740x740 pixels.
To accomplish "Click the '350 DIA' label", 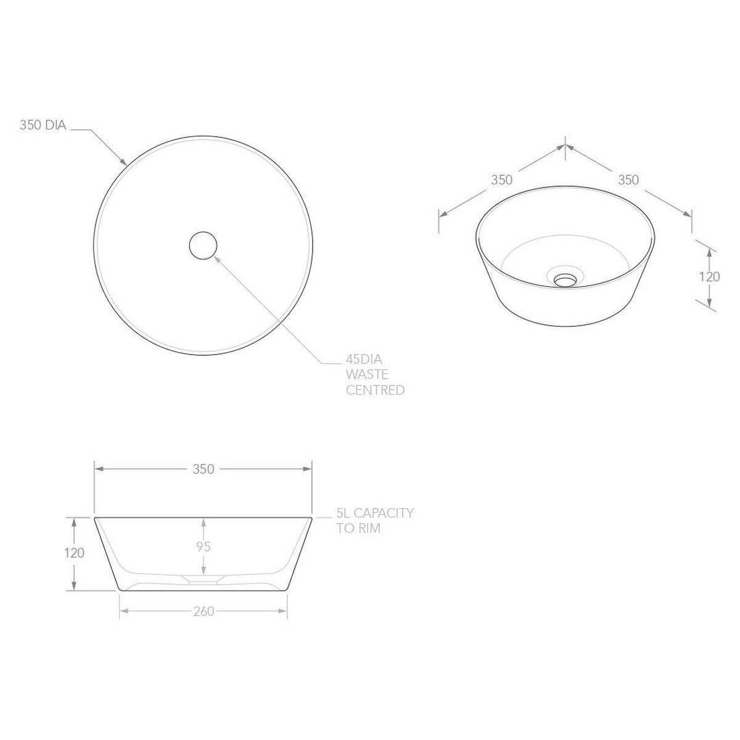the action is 43,125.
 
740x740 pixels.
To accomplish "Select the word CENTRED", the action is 375,390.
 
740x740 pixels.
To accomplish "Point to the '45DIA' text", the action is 364,359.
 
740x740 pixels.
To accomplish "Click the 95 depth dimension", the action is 203,546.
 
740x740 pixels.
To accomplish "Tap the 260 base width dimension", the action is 203,611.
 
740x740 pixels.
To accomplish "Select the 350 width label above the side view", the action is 203,469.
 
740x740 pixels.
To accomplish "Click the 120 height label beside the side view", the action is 74,553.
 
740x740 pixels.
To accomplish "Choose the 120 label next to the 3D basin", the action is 709,277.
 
